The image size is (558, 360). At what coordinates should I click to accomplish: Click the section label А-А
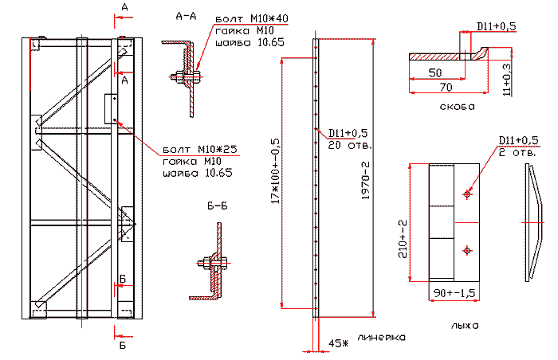tap(185, 15)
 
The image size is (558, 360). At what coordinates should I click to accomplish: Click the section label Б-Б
tap(218, 205)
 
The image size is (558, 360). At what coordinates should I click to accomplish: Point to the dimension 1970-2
tap(366, 182)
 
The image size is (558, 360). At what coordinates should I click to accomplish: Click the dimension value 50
tap(435, 72)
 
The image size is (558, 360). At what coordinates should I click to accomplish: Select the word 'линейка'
tap(382, 338)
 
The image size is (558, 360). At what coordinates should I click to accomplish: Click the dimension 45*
tap(339, 343)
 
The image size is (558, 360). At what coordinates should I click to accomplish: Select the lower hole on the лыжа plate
tap(467, 250)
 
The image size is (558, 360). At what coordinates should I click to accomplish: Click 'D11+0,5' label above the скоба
tap(497, 26)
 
